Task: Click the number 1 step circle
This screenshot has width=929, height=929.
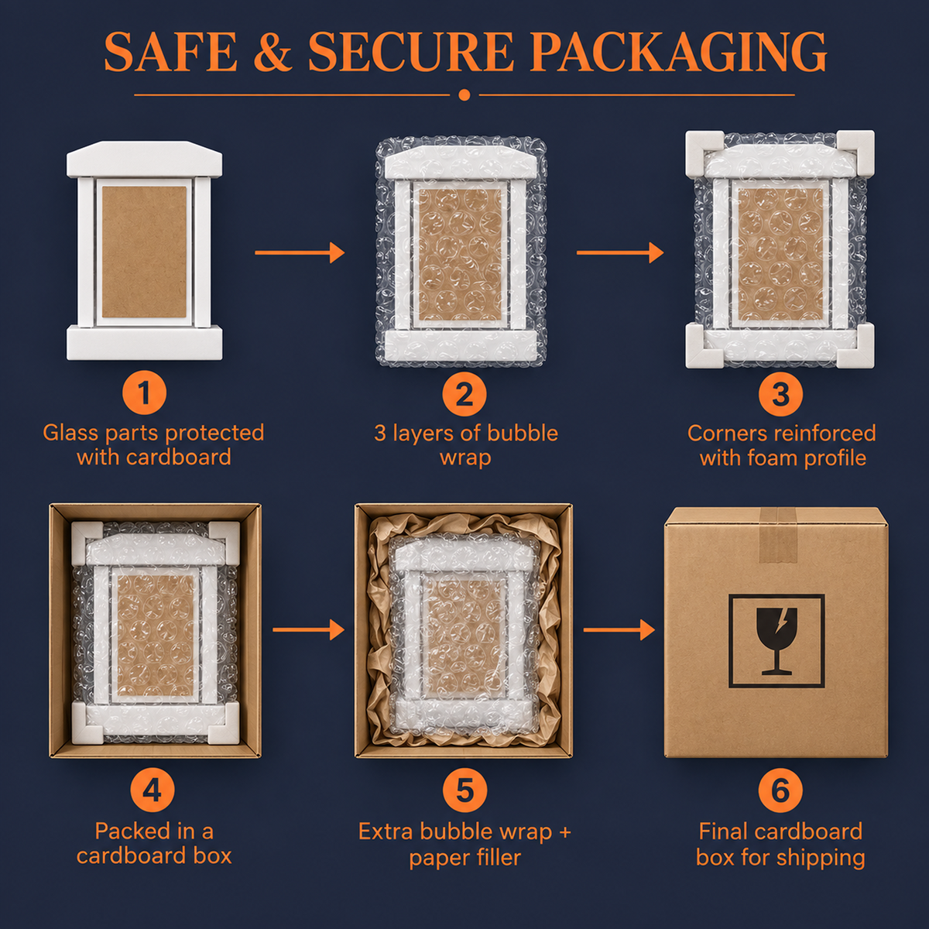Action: point(144,393)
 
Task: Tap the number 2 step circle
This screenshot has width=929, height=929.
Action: point(464,394)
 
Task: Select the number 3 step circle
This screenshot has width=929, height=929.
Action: point(780,394)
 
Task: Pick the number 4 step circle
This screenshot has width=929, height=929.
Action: point(153,790)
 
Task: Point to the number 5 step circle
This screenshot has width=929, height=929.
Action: point(464,790)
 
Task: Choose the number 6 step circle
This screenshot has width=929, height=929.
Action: point(780,790)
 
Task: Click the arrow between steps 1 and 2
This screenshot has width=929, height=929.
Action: point(300,252)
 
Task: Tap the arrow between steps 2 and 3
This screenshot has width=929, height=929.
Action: point(620,252)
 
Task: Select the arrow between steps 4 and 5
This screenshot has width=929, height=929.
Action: point(309,629)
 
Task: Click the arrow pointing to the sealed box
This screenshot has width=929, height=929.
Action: point(619,629)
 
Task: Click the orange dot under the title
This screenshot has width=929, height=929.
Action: point(464,95)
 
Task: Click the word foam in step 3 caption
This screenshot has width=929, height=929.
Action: point(773,457)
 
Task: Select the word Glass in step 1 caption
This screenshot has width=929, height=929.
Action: point(71,433)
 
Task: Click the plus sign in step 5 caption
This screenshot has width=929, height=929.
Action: point(564,832)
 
